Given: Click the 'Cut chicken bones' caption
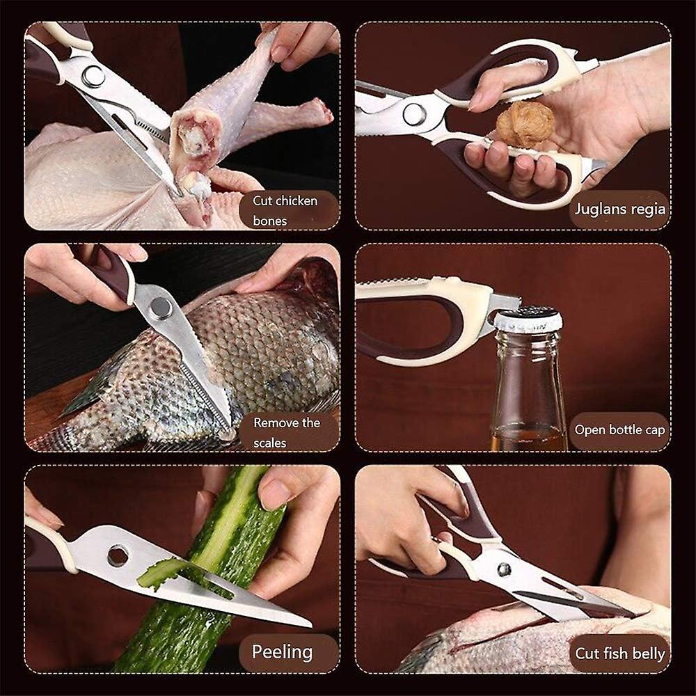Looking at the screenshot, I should pyautogui.click(x=285, y=210).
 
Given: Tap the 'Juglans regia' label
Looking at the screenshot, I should pyautogui.click(x=619, y=208).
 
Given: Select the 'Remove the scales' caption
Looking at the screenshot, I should pyautogui.click(x=286, y=432).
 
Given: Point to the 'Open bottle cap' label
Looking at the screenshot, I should pyautogui.click(x=619, y=429).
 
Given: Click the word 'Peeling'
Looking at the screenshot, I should pyautogui.click(x=282, y=652).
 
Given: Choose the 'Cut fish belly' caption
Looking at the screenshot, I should pyautogui.click(x=619, y=654).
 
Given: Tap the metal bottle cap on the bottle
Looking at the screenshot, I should pyautogui.click(x=528, y=319).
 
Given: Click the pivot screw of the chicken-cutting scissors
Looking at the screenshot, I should pyautogui.click(x=93, y=76).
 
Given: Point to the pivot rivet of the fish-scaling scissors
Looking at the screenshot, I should pyautogui.click(x=161, y=307).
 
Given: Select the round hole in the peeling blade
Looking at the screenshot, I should pyautogui.click(x=118, y=555).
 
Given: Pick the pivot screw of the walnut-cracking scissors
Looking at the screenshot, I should pyautogui.click(x=415, y=114).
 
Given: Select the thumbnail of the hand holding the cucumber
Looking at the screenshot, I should pyautogui.click(x=276, y=494).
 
